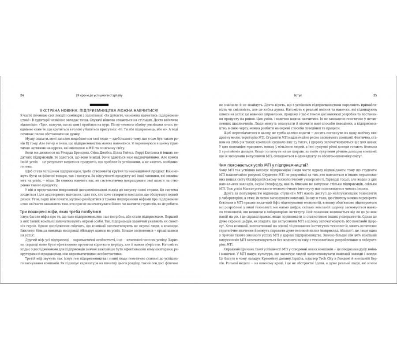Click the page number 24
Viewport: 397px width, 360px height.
click(16, 95)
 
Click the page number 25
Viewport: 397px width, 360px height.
click(375, 95)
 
